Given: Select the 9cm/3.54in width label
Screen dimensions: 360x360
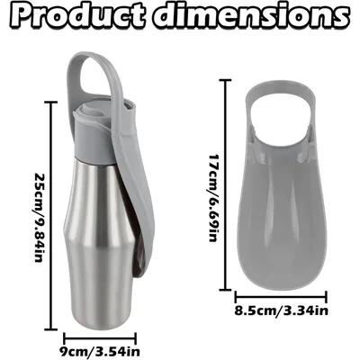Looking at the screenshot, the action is click(x=101, y=351).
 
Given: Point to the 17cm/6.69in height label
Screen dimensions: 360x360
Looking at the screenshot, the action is click(x=214, y=198).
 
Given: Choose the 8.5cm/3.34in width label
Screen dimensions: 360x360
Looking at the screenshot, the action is click(x=281, y=310).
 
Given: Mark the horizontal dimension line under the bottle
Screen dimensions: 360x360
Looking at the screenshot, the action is click(x=101, y=338).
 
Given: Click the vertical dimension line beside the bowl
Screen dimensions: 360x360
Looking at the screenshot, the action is click(x=225, y=185).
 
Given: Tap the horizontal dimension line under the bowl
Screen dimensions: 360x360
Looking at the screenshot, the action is click(x=281, y=297).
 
